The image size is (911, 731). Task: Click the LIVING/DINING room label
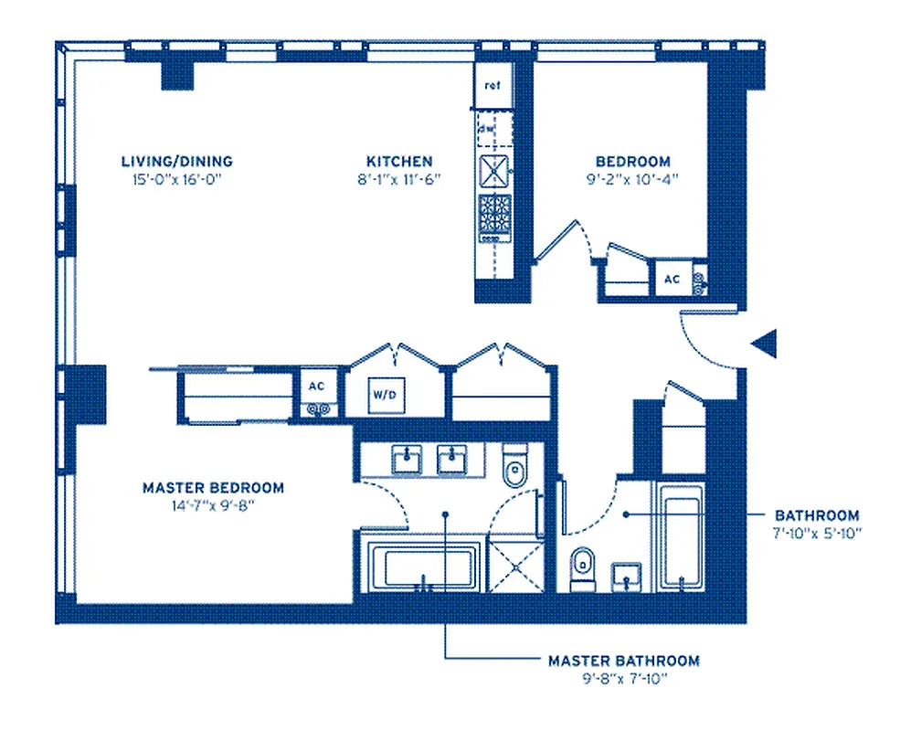click(177, 161)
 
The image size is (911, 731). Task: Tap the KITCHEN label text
click(399, 161)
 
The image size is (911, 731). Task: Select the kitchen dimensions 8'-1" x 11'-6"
click(399, 179)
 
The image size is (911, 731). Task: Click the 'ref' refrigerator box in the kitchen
click(493, 86)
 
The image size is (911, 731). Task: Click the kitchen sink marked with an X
click(493, 170)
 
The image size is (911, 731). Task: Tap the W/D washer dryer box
click(382, 396)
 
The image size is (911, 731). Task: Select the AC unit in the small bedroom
click(672, 279)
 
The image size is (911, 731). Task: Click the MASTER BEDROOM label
click(213, 488)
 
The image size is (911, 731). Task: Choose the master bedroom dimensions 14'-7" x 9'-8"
click(213, 505)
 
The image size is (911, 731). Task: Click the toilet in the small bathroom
click(582, 568)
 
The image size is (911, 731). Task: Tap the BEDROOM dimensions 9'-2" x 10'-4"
click(629, 179)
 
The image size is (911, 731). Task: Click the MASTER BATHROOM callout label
click(624, 660)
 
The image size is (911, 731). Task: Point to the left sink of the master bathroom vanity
click(407, 460)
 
